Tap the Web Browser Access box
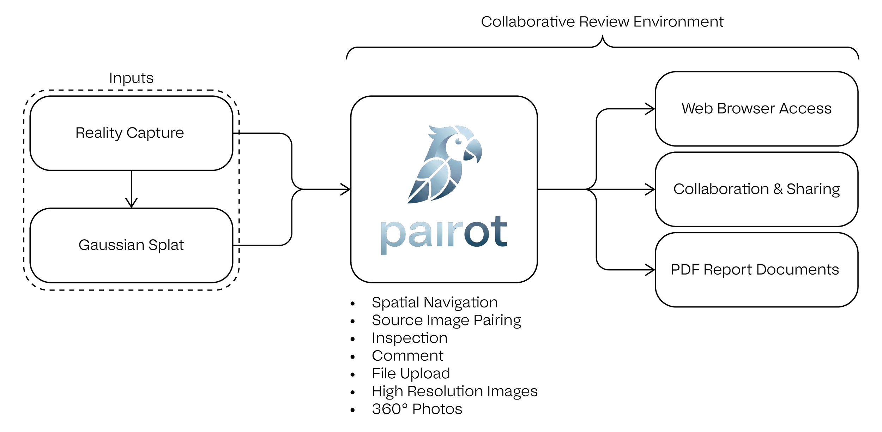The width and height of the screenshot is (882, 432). pos(756,109)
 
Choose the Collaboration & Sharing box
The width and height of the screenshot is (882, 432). pos(756,189)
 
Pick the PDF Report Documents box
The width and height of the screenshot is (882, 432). pos(756,270)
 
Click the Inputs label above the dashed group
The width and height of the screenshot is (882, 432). pos(131,78)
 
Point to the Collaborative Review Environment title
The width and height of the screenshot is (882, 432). pos(602,22)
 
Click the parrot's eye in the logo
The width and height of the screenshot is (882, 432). pos(458,142)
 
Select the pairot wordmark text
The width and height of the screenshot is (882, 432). pos(444,234)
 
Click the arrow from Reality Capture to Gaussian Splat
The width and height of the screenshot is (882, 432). pos(131,189)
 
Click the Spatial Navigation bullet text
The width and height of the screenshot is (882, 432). pos(435,302)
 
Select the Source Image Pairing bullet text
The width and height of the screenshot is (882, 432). pos(446,320)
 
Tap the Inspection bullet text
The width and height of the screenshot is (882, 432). pos(410,338)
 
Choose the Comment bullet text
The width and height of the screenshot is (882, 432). pos(407,355)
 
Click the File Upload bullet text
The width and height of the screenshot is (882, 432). pos(411,373)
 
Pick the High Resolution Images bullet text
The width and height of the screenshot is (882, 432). pos(455,391)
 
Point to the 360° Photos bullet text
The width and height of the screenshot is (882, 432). pos(417,409)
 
